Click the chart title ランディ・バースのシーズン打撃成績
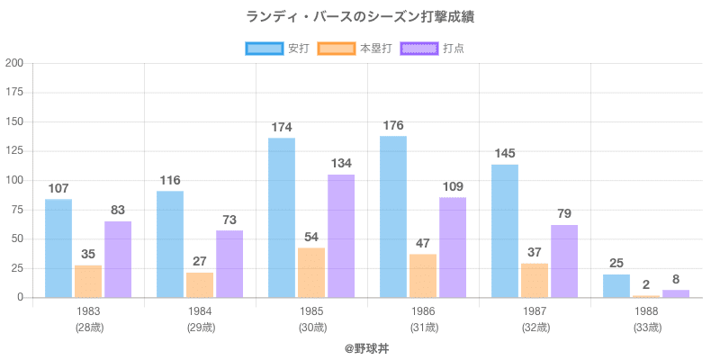360,16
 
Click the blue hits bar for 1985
282,217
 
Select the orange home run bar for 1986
423,275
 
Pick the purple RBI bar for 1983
118,259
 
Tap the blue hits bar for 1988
616,285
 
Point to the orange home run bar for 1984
200,284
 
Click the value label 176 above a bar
393,126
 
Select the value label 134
341,164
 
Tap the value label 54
311,237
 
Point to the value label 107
58,189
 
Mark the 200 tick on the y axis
14,63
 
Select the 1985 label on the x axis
311,311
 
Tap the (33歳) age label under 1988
646,328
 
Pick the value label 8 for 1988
676,279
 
